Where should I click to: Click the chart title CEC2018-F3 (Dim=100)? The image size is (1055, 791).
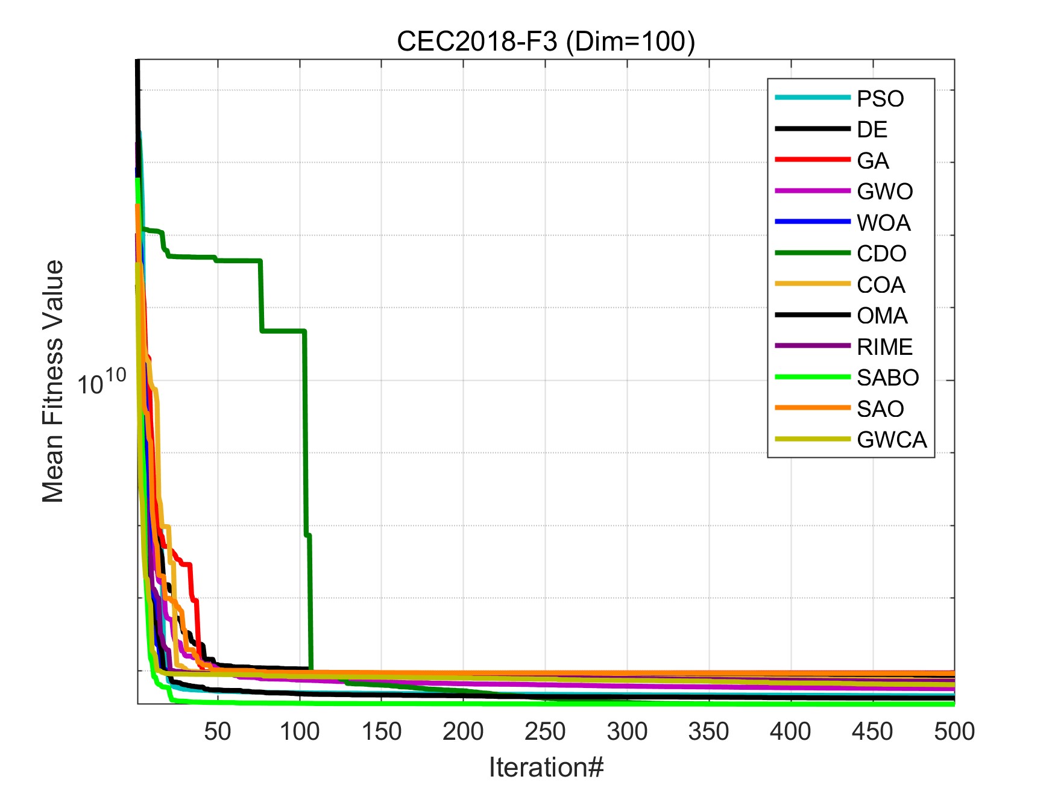546,42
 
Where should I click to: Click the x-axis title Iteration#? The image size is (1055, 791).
546,767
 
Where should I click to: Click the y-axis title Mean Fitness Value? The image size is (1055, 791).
53,381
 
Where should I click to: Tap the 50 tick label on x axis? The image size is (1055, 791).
218,731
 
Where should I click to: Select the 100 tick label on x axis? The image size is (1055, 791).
300,731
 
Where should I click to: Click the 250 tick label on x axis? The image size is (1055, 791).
545,731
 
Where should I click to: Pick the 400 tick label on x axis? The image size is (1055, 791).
790,731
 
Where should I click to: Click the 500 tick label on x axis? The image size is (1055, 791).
954,731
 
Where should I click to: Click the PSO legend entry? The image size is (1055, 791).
880,99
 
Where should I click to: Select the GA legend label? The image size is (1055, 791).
872,161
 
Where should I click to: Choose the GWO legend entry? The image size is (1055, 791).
884,192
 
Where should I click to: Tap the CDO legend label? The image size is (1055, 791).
881,254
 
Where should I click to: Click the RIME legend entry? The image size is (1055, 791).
884,347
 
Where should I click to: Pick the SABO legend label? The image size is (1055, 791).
887,378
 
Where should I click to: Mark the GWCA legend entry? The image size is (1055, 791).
892,440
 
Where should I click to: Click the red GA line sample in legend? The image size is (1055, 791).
813,160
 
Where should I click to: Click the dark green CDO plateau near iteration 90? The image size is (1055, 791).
283,331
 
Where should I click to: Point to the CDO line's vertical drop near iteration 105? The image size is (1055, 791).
306,434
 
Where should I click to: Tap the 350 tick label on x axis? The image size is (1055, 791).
708,731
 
